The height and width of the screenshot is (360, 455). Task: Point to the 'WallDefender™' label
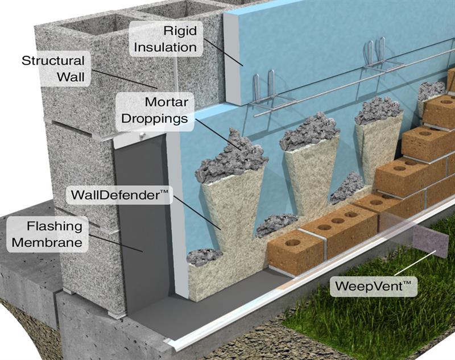click(121, 195)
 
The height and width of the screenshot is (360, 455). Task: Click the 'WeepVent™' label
click(373, 283)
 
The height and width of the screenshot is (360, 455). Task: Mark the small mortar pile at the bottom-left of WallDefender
click(204, 257)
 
